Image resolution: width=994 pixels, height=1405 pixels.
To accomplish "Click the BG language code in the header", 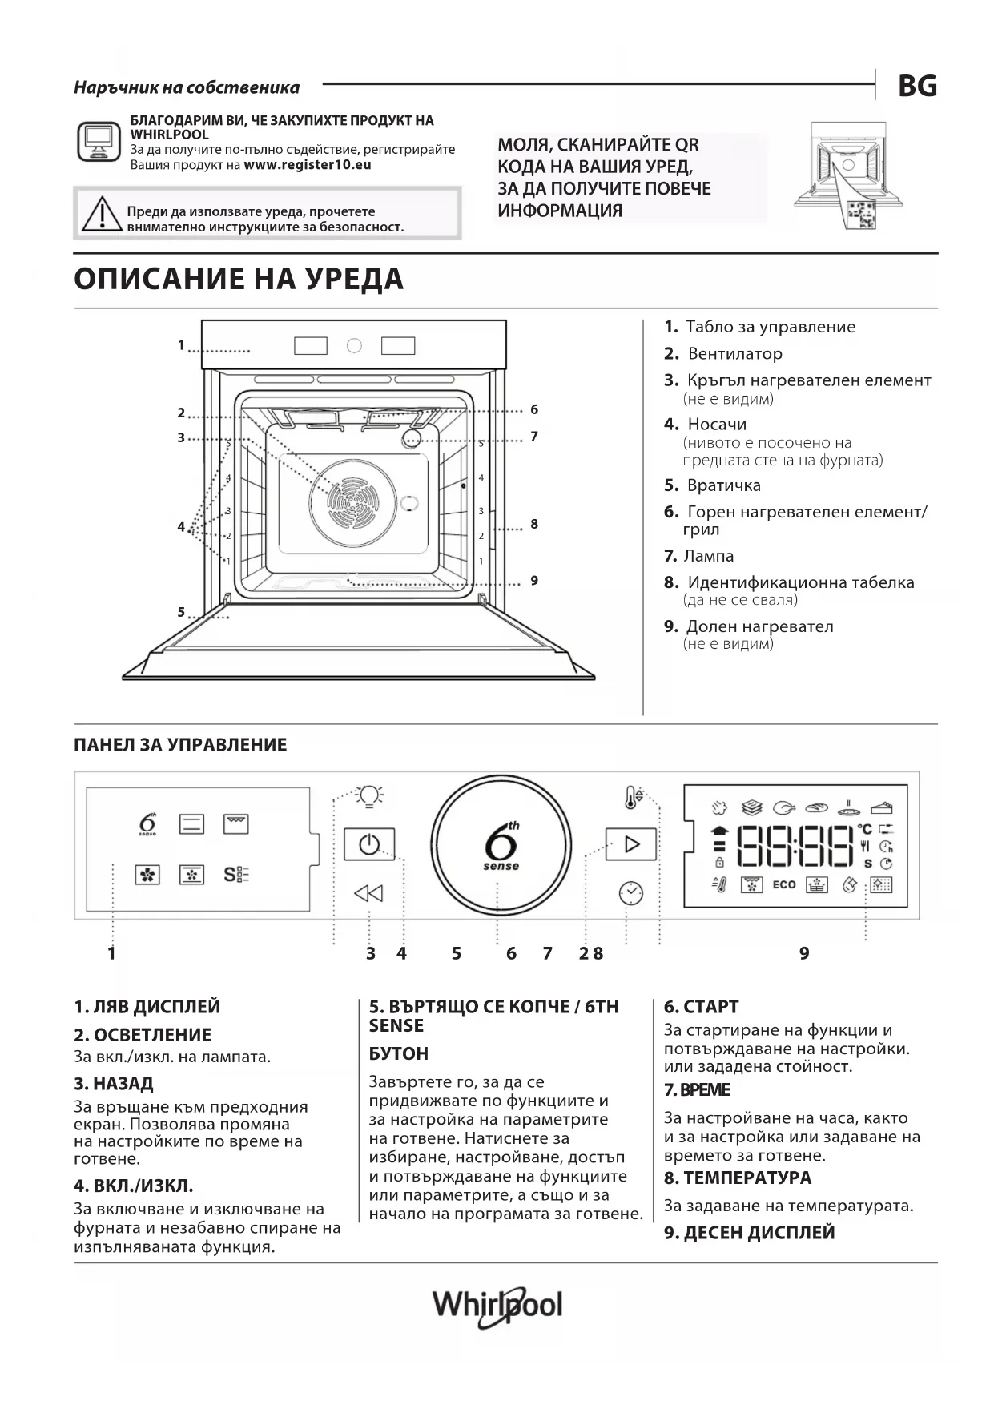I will [917, 86].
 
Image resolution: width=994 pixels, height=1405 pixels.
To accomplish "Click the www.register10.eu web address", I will [308, 165].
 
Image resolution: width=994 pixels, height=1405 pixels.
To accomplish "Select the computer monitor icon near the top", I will [98, 143].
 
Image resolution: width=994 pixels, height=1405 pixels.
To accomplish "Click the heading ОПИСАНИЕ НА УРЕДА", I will [239, 279].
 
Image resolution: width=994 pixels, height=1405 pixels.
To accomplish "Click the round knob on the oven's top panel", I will [354, 346].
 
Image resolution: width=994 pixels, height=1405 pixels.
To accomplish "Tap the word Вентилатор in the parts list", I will [734, 353].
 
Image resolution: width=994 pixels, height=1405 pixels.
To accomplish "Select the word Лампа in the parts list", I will [709, 555].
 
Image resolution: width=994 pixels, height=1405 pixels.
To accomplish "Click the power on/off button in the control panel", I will [369, 844].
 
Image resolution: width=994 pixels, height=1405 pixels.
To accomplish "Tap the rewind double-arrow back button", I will [368, 893].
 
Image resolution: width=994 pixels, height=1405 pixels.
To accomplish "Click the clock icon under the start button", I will [631, 892].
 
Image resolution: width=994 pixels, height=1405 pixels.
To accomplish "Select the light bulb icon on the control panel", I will [369, 795].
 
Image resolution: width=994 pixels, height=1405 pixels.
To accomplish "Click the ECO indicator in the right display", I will [784, 884].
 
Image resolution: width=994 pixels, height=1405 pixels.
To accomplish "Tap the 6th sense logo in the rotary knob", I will [501, 845].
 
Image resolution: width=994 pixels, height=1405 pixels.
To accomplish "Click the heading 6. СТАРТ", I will [701, 1007].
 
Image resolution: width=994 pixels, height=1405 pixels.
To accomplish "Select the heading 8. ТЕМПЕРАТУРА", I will [737, 1178].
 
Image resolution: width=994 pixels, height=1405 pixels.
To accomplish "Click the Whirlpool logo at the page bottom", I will [497, 1306].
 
